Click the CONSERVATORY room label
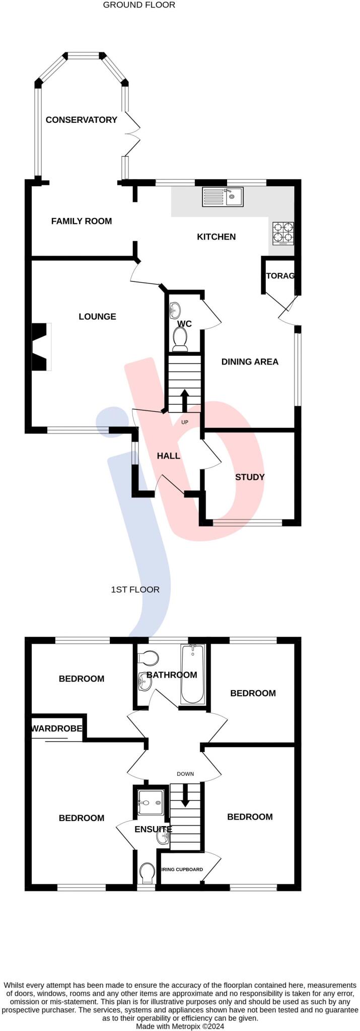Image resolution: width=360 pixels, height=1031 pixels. coord(81,120)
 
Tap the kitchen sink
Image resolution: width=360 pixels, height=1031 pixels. coord(222,196)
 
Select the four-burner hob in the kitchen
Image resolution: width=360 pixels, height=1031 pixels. coord(283,233)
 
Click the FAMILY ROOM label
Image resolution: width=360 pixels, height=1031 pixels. coord(82,221)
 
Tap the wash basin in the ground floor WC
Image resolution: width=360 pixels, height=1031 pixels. coord(174,308)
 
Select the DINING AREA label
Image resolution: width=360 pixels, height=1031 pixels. coord(250,361)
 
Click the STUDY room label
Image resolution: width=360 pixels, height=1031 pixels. coord(250,477)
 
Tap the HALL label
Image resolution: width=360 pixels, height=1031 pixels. coord(168,456)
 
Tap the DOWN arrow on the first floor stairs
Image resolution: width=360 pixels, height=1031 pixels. coord(185,794)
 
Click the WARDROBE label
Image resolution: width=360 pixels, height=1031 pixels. coord(57,728)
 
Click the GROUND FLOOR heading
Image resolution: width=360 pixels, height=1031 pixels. coord(139,5)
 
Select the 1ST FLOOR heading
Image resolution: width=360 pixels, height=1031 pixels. coord(135,590)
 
